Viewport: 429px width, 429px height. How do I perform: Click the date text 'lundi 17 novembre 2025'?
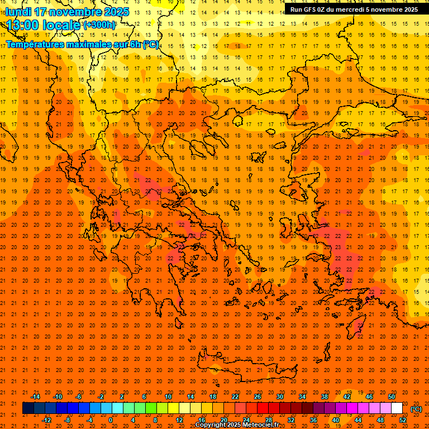[x=68, y=12]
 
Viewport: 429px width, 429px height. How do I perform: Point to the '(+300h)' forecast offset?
[x=99, y=25]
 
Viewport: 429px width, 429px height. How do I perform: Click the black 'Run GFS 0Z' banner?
[x=354, y=9]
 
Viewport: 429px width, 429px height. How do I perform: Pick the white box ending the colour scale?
[x=397, y=408]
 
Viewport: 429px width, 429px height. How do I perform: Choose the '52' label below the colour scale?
[x=403, y=420]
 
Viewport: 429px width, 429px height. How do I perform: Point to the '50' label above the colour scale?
[x=392, y=397]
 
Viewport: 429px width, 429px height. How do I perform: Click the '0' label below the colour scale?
[x=111, y=420]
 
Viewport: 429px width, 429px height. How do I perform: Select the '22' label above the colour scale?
[x=235, y=397]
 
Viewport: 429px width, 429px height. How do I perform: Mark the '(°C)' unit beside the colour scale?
[x=416, y=409]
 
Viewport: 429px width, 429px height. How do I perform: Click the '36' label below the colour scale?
[x=313, y=420]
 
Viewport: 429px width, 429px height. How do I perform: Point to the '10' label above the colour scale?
[x=168, y=397]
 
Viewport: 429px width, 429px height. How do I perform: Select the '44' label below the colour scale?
[x=358, y=420]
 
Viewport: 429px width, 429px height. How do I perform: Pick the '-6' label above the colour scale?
[x=79, y=397]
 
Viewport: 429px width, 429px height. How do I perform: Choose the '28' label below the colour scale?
[x=269, y=420]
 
